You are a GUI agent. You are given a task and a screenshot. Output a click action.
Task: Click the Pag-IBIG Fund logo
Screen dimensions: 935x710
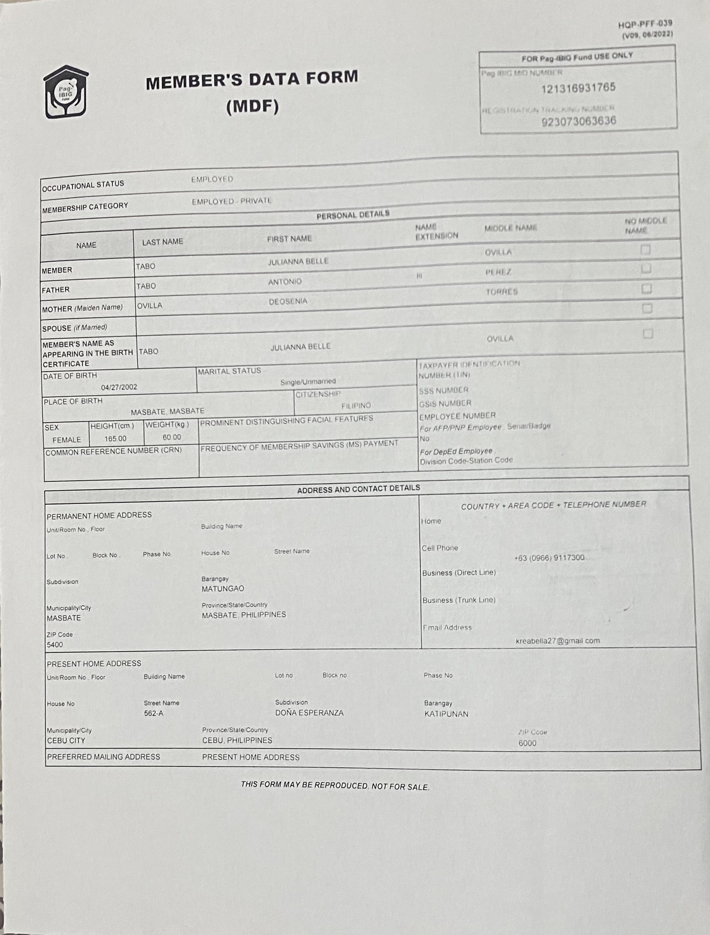coord(66,92)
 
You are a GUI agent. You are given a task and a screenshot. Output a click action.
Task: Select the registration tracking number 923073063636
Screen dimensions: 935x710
coord(578,122)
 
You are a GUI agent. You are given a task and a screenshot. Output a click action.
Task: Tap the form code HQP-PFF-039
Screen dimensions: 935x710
coord(645,24)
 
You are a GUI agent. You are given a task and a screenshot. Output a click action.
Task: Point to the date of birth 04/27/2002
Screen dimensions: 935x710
coord(119,387)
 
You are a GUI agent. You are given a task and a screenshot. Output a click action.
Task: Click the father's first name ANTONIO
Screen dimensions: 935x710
coord(285,282)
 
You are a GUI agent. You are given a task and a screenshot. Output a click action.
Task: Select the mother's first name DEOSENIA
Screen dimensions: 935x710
coord(288,301)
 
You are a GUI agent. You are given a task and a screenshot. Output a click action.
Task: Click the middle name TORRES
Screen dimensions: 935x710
coord(501,292)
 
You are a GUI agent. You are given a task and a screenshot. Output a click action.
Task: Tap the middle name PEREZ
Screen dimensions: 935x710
coord(498,272)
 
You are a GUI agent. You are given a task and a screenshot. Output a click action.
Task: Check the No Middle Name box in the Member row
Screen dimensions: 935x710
coord(645,250)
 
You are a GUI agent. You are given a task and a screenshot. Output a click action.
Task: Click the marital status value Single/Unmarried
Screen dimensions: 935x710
coord(308,382)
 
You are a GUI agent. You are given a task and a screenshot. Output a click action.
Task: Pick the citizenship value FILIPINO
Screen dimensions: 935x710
coord(356,406)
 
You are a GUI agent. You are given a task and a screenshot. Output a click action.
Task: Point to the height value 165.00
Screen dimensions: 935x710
coord(115,439)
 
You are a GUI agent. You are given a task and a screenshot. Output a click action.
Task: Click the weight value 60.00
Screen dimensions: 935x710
coord(172,437)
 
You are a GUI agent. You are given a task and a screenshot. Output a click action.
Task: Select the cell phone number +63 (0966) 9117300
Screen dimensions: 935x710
coord(549,558)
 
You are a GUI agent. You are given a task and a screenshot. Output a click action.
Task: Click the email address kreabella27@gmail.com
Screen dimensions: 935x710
coord(557,641)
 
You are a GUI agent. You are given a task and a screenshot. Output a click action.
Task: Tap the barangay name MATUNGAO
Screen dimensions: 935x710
coord(223,588)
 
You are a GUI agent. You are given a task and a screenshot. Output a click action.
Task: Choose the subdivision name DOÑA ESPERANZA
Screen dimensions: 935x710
coord(309,713)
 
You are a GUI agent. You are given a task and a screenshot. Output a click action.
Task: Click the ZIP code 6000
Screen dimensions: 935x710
coord(527,743)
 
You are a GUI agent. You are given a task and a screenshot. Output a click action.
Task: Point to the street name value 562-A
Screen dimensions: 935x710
coord(153,714)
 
